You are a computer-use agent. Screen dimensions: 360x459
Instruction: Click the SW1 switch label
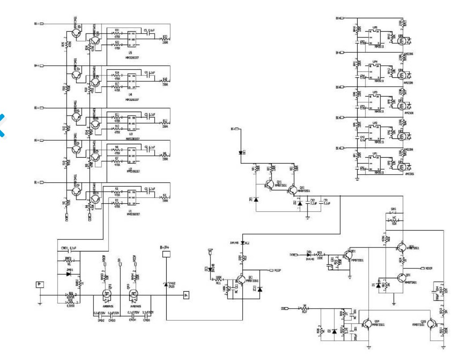393,215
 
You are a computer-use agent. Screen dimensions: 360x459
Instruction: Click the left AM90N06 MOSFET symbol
106,294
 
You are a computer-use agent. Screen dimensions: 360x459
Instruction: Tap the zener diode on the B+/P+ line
166,283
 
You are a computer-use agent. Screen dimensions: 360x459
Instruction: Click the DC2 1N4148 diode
242,243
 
